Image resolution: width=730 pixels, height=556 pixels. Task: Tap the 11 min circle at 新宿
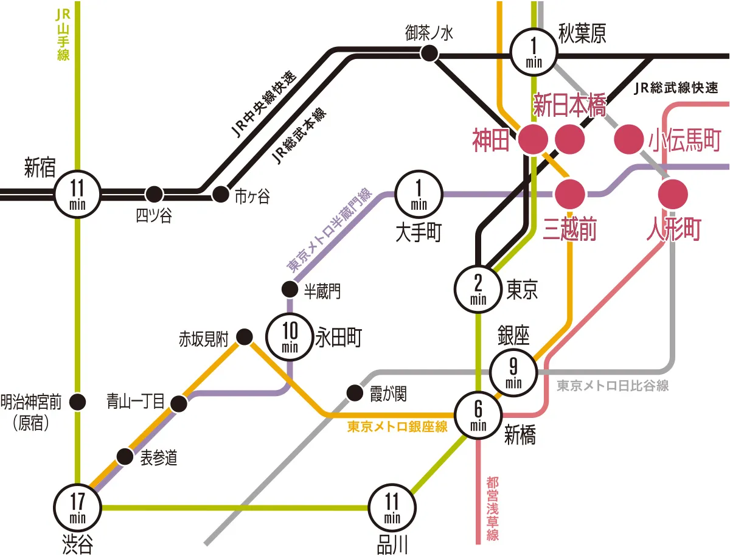[78, 194]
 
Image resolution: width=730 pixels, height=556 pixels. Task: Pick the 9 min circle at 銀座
[514, 372]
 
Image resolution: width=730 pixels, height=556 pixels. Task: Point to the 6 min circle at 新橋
[478, 415]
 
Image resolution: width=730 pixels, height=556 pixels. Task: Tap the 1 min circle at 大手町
[419, 194]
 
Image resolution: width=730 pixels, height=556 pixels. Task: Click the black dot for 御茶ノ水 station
[429, 54]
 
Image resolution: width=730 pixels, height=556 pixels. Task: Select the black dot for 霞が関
[353, 393]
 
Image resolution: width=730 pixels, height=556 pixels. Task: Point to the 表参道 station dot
[125, 456]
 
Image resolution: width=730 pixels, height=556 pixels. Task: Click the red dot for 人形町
[673, 194]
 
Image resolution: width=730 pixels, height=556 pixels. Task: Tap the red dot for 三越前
[570, 194]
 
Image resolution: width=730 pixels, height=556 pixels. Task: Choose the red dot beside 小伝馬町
[628, 139]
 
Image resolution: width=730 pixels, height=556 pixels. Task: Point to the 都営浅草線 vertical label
[492, 509]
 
